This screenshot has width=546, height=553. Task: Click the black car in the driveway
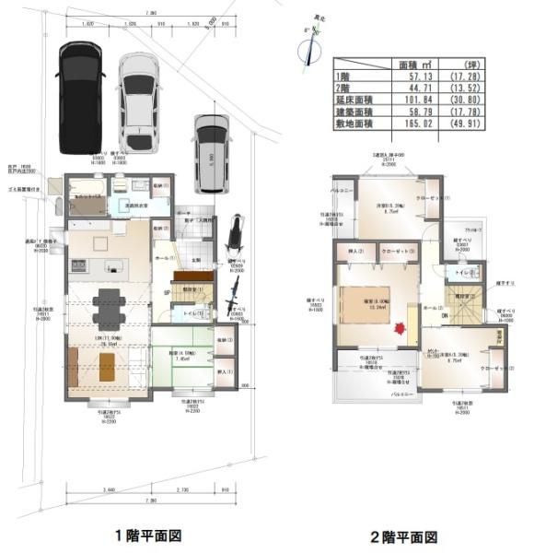tap(81, 97)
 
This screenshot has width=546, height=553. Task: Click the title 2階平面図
tap(402, 535)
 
